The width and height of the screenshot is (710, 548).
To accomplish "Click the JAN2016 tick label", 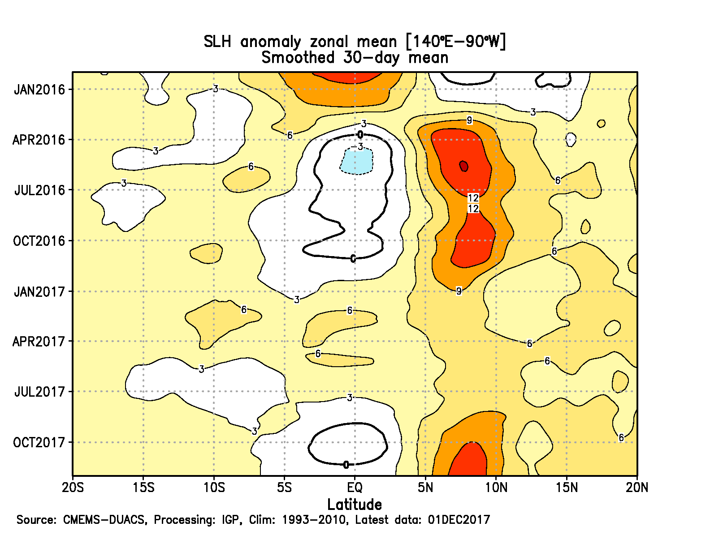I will pos(39,90).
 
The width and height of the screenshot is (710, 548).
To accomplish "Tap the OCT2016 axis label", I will pos(39,241).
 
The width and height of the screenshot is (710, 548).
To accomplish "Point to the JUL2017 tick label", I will pos(39,392).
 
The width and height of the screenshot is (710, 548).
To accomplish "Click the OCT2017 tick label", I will pos(39,442).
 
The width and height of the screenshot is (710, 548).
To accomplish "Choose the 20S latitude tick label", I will pos(73,487).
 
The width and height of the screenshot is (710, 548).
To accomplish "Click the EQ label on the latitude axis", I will pos(355,487).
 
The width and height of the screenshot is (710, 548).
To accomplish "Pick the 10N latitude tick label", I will pos(496,487).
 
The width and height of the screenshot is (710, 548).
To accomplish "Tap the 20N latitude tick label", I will pos(637,487).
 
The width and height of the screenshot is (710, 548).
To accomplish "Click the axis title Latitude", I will pos(355,505).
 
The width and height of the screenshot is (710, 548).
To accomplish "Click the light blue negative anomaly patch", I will pos(357,162).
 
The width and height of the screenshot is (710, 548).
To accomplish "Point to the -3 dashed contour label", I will pos(358,147).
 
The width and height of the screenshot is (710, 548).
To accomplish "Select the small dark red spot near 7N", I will pos(464,166).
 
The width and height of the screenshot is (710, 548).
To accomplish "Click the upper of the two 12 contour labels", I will pos(473,198).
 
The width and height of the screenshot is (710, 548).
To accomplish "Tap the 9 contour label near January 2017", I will pos(459,291).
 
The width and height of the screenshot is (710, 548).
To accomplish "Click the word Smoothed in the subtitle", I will pos(298,58).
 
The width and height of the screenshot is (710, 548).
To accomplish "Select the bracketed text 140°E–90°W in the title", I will pos(456,42).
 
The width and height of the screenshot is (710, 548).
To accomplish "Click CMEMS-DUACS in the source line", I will pos(104,520).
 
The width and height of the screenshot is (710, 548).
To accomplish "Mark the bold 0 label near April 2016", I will pos(360,135).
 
